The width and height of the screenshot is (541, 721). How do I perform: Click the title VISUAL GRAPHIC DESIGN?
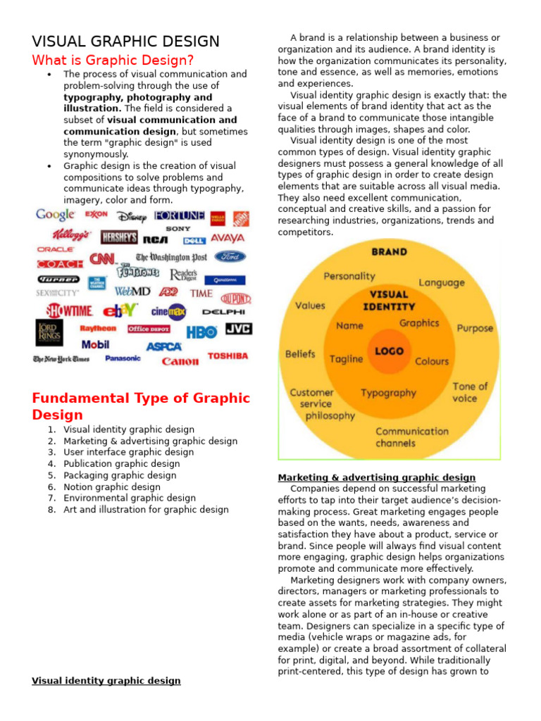point(126,42)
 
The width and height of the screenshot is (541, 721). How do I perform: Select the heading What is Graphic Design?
point(113,60)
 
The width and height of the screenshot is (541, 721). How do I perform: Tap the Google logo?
point(56,215)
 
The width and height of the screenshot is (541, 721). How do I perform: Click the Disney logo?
point(132,216)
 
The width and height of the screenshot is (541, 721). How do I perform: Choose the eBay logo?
point(120,311)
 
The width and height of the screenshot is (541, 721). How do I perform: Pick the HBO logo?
point(201,332)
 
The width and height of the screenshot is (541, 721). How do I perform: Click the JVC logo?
point(238,329)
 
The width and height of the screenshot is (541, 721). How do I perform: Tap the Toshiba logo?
point(228,356)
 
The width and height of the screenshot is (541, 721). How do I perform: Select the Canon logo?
point(180,361)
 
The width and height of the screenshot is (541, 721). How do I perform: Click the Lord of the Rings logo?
point(49,332)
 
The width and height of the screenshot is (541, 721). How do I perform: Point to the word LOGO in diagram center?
point(390,350)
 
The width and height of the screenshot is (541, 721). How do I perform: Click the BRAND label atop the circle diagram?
point(389,251)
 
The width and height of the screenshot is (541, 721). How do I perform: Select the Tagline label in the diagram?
point(347,359)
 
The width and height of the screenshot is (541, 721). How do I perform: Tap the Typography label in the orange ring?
point(388,393)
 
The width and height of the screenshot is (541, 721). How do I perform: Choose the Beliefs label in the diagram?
point(300,354)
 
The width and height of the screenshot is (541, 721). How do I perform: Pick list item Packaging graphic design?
point(120,475)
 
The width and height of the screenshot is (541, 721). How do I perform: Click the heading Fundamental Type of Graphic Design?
point(141,406)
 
